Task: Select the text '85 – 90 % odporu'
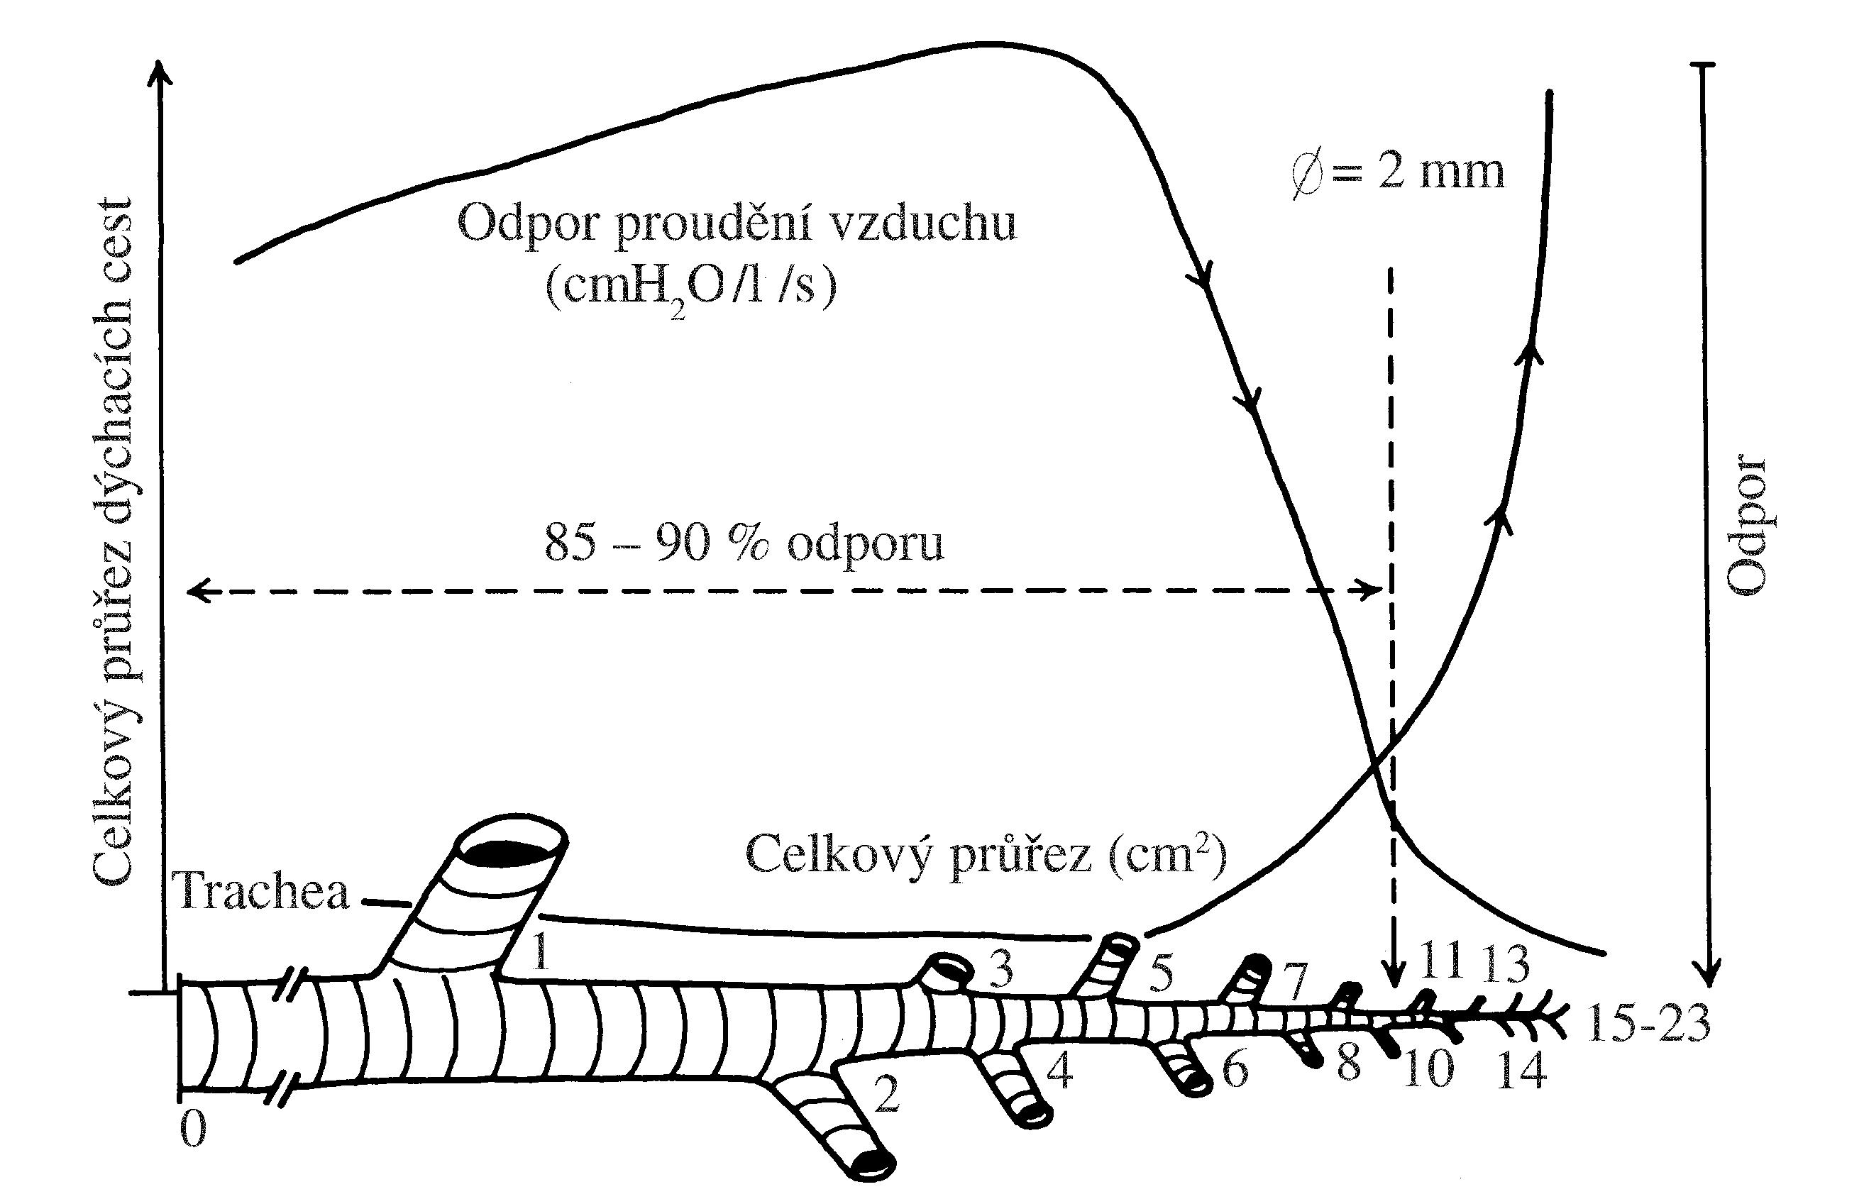[744, 543]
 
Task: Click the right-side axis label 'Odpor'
[1746, 526]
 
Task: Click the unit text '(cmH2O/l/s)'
[690, 287]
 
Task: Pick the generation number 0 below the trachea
[193, 1129]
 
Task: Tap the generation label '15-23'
[1648, 1023]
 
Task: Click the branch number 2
[887, 1094]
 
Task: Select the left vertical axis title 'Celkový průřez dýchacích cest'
[113, 541]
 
